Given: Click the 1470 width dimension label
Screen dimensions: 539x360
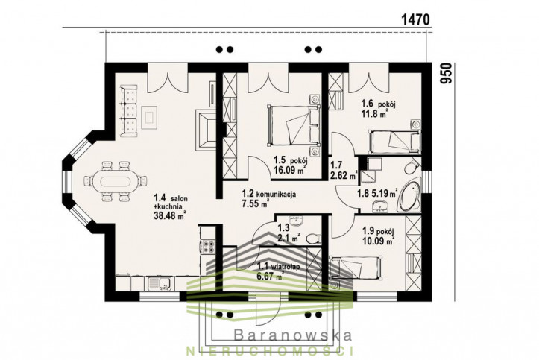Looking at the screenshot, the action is (415, 19).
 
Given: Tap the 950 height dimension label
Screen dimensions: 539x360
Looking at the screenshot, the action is (446, 73).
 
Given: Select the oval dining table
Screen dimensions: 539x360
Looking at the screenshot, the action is (116, 180).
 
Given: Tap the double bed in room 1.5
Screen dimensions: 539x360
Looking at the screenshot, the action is (294, 126).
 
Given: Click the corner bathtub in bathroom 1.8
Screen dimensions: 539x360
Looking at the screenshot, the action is (409, 197).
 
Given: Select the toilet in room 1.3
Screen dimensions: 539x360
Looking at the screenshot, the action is (314, 239).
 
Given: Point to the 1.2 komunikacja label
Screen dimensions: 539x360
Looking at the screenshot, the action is (269, 194).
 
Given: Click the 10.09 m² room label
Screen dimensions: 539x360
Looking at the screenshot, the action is (378, 241).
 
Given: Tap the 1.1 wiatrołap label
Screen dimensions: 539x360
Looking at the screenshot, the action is (278, 265).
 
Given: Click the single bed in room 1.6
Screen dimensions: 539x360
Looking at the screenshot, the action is (395, 141).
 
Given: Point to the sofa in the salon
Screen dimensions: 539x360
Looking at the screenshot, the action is (128, 111).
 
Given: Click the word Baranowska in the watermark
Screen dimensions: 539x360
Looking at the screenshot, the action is (293, 335).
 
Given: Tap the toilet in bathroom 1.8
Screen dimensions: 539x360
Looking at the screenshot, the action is (412, 168).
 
